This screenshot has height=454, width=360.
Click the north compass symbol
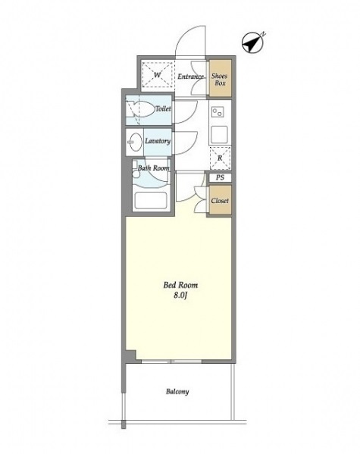[x=253, y=43]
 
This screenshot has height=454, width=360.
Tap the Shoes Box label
[x=220, y=80]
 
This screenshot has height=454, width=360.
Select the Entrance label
[x=190, y=77]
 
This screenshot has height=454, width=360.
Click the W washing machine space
[x=157, y=75]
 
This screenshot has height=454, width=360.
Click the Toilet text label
[x=163, y=109]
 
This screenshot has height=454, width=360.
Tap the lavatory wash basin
[x=135, y=142]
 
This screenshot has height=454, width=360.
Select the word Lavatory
[x=158, y=141]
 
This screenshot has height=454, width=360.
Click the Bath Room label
[x=154, y=168]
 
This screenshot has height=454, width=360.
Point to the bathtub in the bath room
[x=151, y=200]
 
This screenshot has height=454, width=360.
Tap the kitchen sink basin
[x=219, y=135]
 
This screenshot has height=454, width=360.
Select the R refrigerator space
[x=220, y=158]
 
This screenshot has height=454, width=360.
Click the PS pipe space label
[x=220, y=177]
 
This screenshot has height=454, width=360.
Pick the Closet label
[x=220, y=200]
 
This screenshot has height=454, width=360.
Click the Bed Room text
[x=180, y=285]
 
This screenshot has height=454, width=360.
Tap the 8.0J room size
[x=180, y=296]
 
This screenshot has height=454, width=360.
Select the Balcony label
[x=177, y=392]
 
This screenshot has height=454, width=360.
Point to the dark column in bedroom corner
[x=131, y=355]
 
